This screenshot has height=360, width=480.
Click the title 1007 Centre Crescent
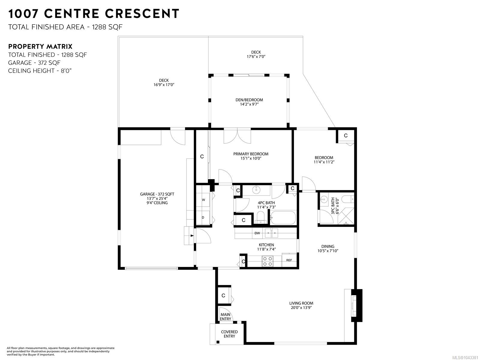coord(94,13)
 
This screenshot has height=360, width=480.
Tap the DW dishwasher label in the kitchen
coord(257,233)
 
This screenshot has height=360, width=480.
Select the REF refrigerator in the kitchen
coord(289,260)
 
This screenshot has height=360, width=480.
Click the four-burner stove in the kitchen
coord(268,261)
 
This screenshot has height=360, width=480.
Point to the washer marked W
coord(203,200)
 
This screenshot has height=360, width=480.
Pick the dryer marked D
coord(203,217)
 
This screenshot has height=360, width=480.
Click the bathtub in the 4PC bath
coord(283,217)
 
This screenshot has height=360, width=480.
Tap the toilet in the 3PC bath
coord(347,199)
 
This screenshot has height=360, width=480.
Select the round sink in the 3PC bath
coord(324,199)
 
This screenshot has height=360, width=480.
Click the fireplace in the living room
coord(356,305)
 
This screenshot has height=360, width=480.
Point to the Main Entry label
coord(225,317)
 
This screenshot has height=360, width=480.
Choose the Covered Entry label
coord(229,334)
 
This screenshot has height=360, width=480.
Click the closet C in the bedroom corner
coord(346,136)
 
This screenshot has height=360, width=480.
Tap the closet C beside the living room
coord(223,295)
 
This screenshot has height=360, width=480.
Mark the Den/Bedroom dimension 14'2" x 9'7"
coord(249,104)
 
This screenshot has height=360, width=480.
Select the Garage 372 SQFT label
coord(157,194)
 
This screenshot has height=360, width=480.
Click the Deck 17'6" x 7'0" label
coord(256,54)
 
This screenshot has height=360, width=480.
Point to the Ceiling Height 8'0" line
coord(40,71)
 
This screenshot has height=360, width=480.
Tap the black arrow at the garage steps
coord(192,235)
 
